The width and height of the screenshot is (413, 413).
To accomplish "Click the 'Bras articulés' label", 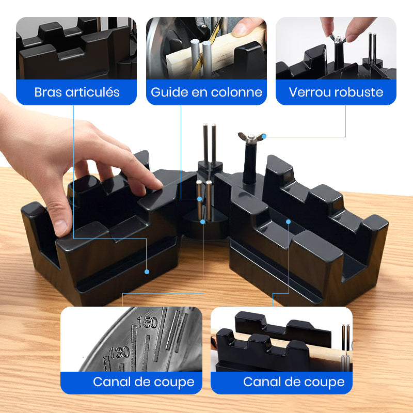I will [x=76, y=92].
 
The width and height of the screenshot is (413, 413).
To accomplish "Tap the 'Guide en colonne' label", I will [x=206, y=92].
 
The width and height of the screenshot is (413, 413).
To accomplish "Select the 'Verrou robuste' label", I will [x=336, y=92].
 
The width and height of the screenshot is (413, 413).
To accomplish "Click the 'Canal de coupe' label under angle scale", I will [x=144, y=382].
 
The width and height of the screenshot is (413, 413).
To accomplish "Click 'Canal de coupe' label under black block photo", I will [x=294, y=382].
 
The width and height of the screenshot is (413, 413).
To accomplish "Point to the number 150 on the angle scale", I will [x=147, y=323].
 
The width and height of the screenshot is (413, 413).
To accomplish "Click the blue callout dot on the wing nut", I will [x=263, y=137].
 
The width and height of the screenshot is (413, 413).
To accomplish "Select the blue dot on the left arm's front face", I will [x=147, y=271].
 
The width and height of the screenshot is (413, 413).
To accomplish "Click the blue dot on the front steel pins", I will [x=203, y=221].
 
